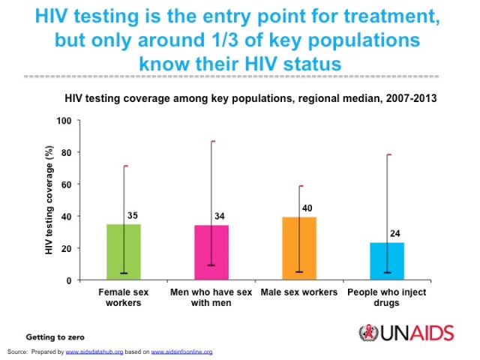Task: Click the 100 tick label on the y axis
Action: click(x=64, y=121)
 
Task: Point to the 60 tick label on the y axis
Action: click(x=67, y=184)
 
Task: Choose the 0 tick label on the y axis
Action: click(x=69, y=280)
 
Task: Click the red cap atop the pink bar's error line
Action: click(x=212, y=141)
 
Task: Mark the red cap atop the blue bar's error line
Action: click(x=388, y=154)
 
